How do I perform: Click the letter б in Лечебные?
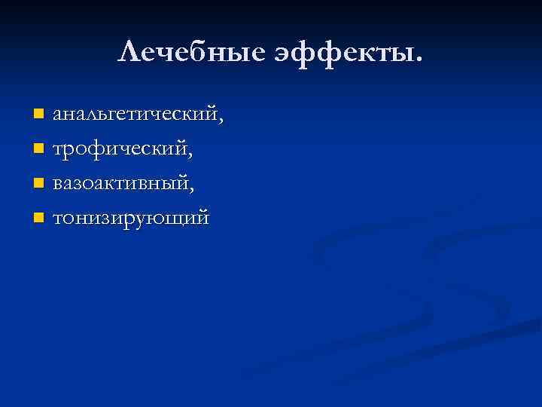point(181,50)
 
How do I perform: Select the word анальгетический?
point(133,115)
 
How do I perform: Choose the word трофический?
point(120,148)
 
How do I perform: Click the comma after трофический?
point(190,155)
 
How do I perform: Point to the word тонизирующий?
point(129,219)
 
